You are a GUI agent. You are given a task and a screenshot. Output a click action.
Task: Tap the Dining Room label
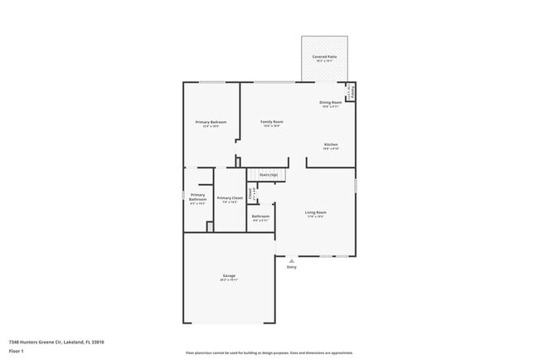(x=330, y=103)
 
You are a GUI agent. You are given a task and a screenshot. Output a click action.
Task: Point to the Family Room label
(x=271, y=122)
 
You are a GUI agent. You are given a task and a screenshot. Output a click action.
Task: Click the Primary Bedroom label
(x=211, y=123)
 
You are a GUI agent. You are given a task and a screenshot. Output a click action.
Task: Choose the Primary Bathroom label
(x=197, y=197)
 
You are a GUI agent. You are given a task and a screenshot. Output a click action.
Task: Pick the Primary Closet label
(x=230, y=198)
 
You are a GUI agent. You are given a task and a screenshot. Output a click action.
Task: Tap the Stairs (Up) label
(x=268, y=175)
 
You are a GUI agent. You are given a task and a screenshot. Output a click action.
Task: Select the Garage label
(x=229, y=275)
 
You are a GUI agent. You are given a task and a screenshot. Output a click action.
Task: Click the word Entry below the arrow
(x=291, y=267)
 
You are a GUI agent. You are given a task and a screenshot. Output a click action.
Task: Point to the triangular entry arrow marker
(x=291, y=260)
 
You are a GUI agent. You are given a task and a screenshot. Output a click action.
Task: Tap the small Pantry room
(x=351, y=91)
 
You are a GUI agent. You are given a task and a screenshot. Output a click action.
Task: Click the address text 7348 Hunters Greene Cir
(x=56, y=341)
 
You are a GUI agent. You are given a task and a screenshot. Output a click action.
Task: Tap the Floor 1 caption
(x=17, y=351)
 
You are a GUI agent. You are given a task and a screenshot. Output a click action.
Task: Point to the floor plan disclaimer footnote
(x=269, y=353)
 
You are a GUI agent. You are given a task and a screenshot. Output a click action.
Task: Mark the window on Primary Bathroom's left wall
(x=183, y=197)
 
